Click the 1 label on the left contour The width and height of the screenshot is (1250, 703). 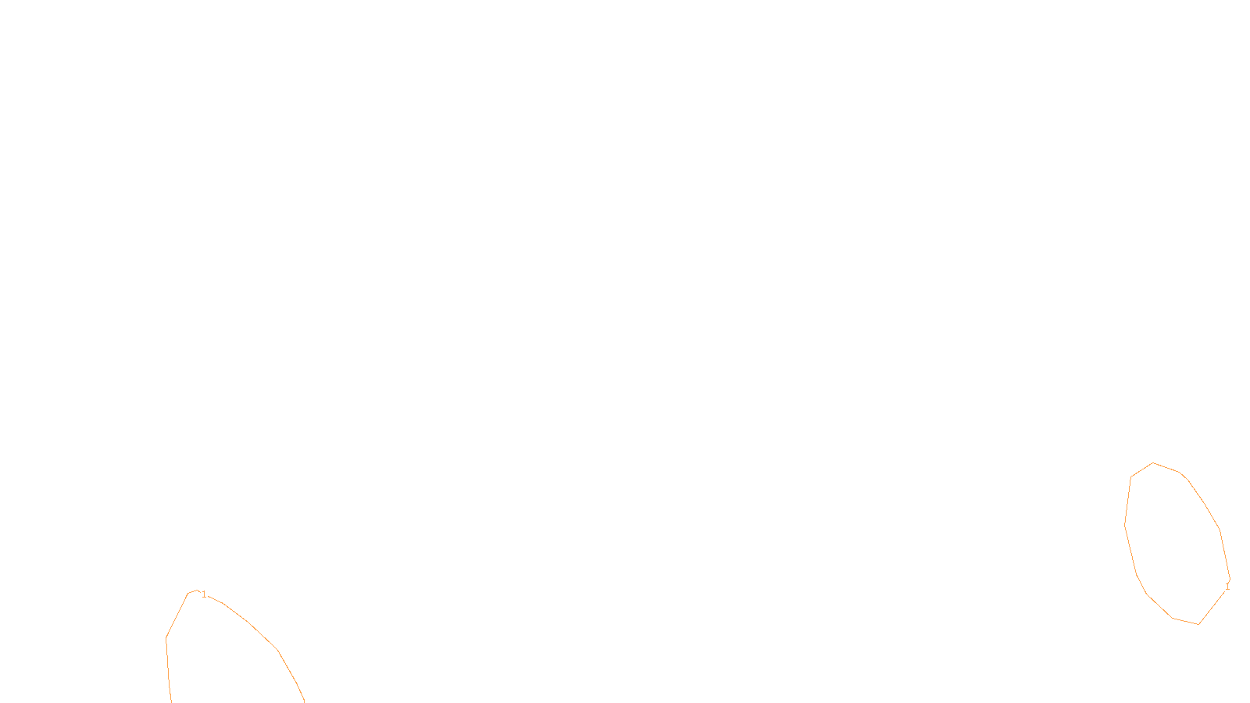tap(204, 595)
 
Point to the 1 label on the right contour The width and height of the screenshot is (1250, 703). tap(1227, 586)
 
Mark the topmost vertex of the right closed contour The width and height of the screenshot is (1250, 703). tap(1153, 463)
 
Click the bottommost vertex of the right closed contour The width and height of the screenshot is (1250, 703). tap(1198, 624)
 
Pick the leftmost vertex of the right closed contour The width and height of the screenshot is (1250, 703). tap(1125, 526)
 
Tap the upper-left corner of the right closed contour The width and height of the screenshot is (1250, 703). tap(1131, 476)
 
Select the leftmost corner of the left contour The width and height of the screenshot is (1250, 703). tap(166, 637)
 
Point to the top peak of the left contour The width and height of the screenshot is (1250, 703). tap(195, 591)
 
